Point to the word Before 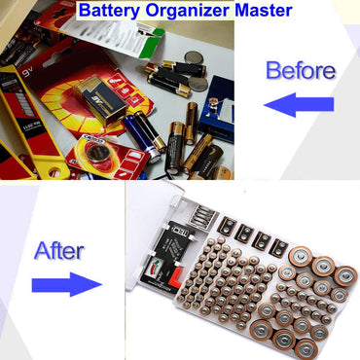pyautogui.click(x=301, y=71)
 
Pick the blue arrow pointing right pyautogui.click(x=66, y=285)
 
